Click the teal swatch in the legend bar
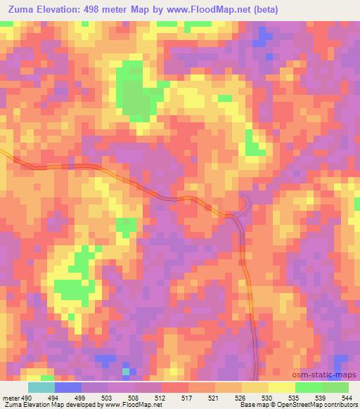[41, 387]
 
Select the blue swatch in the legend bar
[68, 387]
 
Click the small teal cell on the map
[126, 370]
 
